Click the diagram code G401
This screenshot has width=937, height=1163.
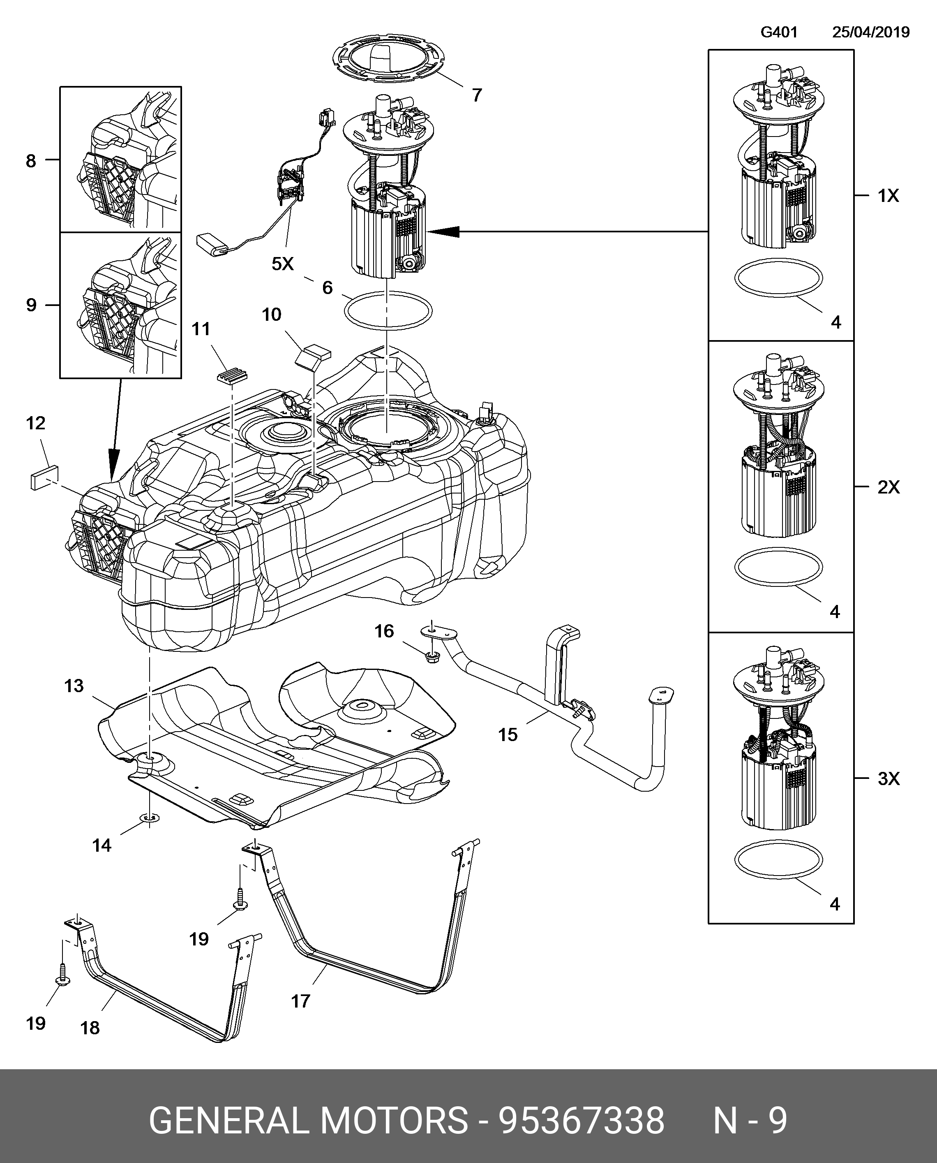point(779,32)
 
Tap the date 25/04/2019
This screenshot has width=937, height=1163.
point(870,32)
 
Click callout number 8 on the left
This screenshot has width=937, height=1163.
point(31,160)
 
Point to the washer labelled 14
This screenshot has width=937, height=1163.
point(150,819)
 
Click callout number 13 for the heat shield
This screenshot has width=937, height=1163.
point(74,686)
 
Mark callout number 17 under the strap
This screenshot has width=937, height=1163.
point(301,1001)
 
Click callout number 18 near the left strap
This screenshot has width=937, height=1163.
point(90,1028)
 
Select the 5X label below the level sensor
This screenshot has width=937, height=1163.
point(283,264)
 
